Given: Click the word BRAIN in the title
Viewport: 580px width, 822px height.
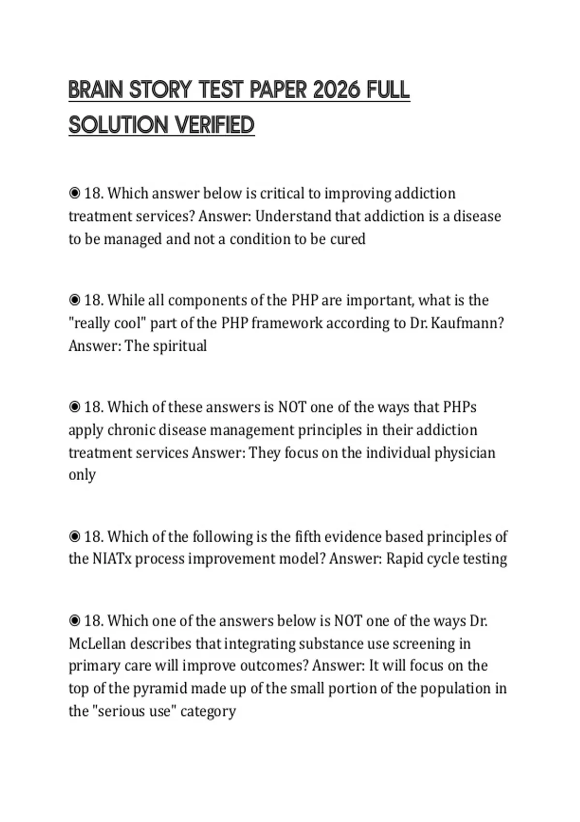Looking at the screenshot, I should [96, 90].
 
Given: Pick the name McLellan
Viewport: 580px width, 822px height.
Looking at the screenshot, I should [97, 644].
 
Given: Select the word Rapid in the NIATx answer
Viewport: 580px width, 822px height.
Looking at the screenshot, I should [405, 559].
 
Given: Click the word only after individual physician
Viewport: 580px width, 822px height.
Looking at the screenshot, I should [82, 475].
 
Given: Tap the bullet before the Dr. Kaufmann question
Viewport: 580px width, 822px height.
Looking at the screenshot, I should [74, 300].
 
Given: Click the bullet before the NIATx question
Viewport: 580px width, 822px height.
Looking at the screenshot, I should [74, 537].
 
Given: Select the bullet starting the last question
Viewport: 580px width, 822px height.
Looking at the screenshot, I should [74, 621].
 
